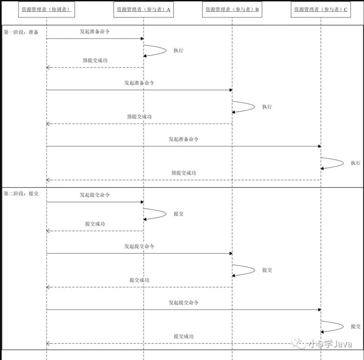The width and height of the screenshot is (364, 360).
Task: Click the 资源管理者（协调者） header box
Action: [x=47, y=10]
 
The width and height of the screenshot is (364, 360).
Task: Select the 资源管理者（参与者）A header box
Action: [x=144, y=10]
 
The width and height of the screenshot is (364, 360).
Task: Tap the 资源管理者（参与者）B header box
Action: [x=232, y=10]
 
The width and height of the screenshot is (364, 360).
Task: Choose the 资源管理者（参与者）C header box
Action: [x=321, y=10]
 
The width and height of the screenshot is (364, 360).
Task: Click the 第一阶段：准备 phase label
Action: [x=21, y=32]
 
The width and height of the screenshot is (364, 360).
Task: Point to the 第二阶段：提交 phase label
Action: [x=21, y=194]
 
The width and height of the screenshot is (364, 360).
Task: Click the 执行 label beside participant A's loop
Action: [x=178, y=51]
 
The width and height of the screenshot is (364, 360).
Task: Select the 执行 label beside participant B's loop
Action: [x=267, y=107]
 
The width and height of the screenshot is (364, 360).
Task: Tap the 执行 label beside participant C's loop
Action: [x=356, y=163]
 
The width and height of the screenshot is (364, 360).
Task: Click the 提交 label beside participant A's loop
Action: [x=178, y=214]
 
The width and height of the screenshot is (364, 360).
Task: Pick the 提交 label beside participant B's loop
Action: [x=267, y=270]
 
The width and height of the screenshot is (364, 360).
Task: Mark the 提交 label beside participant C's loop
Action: [x=356, y=326]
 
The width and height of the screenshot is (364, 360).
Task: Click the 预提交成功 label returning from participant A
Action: [x=95, y=61]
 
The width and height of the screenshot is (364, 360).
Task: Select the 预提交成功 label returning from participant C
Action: [x=184, y=173]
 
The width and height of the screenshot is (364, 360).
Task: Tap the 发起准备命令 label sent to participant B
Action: [x=139, y=83]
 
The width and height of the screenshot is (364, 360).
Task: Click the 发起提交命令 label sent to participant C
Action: [x=184, y=302]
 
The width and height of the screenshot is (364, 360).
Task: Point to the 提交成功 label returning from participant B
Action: [x=139, y=280]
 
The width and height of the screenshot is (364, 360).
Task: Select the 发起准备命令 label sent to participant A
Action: [x=95, y=32]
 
